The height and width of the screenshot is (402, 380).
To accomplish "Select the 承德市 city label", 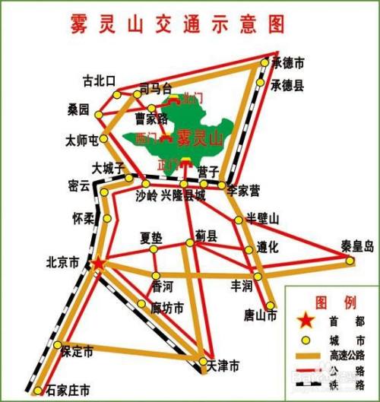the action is pos(289,62).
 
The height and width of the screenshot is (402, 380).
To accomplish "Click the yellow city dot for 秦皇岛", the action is pos(350,261).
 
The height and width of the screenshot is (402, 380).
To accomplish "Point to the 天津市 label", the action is pos(223,366).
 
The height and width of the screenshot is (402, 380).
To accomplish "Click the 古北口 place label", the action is pos(99,80).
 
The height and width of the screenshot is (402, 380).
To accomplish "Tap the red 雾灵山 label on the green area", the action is pos(199,139).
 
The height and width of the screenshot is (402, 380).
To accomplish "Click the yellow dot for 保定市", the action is pos(57,347).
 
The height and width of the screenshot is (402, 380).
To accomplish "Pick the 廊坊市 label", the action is pos(168,308).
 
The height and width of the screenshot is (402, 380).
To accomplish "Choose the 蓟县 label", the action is pos(205,236).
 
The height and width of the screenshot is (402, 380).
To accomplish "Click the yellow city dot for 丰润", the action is pos(258,276).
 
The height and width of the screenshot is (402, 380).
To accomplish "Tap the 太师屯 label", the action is pos(83,141).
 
